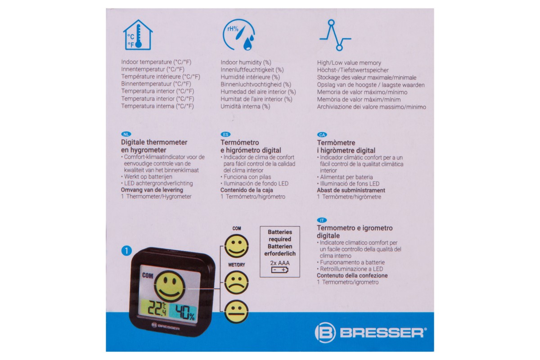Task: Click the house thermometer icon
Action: [x=138, y=35]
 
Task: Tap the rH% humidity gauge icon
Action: [x=238, y=35]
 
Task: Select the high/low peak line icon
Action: [x=335, y=35]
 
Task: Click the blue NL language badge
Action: [x=126, y=134]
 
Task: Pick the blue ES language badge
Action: [x=225, y=134]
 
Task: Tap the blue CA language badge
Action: [x=322, y=135]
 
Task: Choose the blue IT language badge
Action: [x=322, y=220]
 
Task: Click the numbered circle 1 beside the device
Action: [x=126, y=251]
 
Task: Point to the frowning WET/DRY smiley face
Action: [x=236, y=282]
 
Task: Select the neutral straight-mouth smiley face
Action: [x=236, y=311]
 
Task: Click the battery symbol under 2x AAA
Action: [x=279, y=270]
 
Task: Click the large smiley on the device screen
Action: [x=170, y=286]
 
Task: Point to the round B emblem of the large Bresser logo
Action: [x=325, y=333]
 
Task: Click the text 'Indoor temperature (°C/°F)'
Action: [x=156, y=62]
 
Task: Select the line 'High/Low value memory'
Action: [x=349, y=63]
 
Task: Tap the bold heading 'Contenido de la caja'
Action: [x=247, y=190]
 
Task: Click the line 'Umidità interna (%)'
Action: [x=245, y=106]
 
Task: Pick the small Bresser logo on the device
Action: [x=166, y=327]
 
